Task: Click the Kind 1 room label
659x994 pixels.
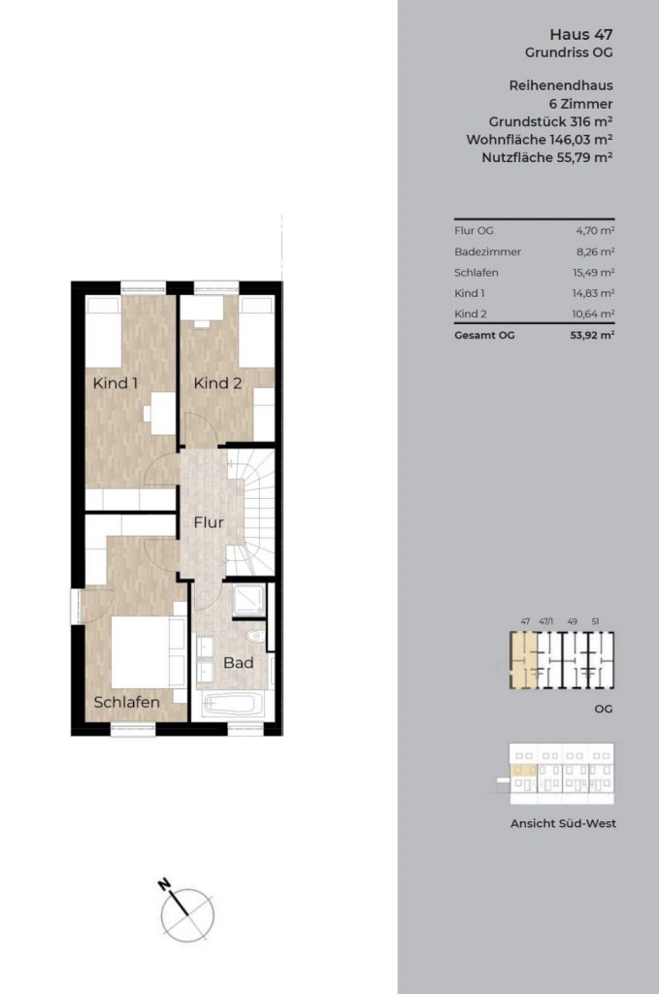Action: [x=115, y=382]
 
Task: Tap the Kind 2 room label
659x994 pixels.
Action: [x=217, y=382]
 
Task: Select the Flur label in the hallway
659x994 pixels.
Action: [x=209, y=522]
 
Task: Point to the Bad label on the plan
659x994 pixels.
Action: [x=238, y=662]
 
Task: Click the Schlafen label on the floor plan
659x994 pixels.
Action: [x=127, y=703]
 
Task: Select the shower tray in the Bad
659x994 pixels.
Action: [x=247, y=600]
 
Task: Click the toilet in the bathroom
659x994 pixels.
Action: [x=256, y=635]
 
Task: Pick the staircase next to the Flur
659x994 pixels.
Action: [x=251, y=513]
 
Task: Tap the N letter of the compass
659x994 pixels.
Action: [x=165, y=883]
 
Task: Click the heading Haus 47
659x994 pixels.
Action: [x=581, y=34]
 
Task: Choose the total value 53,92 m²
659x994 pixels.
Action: [x=592, y=335]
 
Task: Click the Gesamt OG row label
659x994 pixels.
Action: [x=484, y=335]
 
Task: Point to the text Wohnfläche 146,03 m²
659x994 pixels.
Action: [x=540, y=140]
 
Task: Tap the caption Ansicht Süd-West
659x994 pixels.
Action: [x=563, y=823]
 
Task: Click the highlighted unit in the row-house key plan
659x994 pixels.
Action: [x=524, y=660]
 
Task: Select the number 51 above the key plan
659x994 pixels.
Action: [x=595, y=622]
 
